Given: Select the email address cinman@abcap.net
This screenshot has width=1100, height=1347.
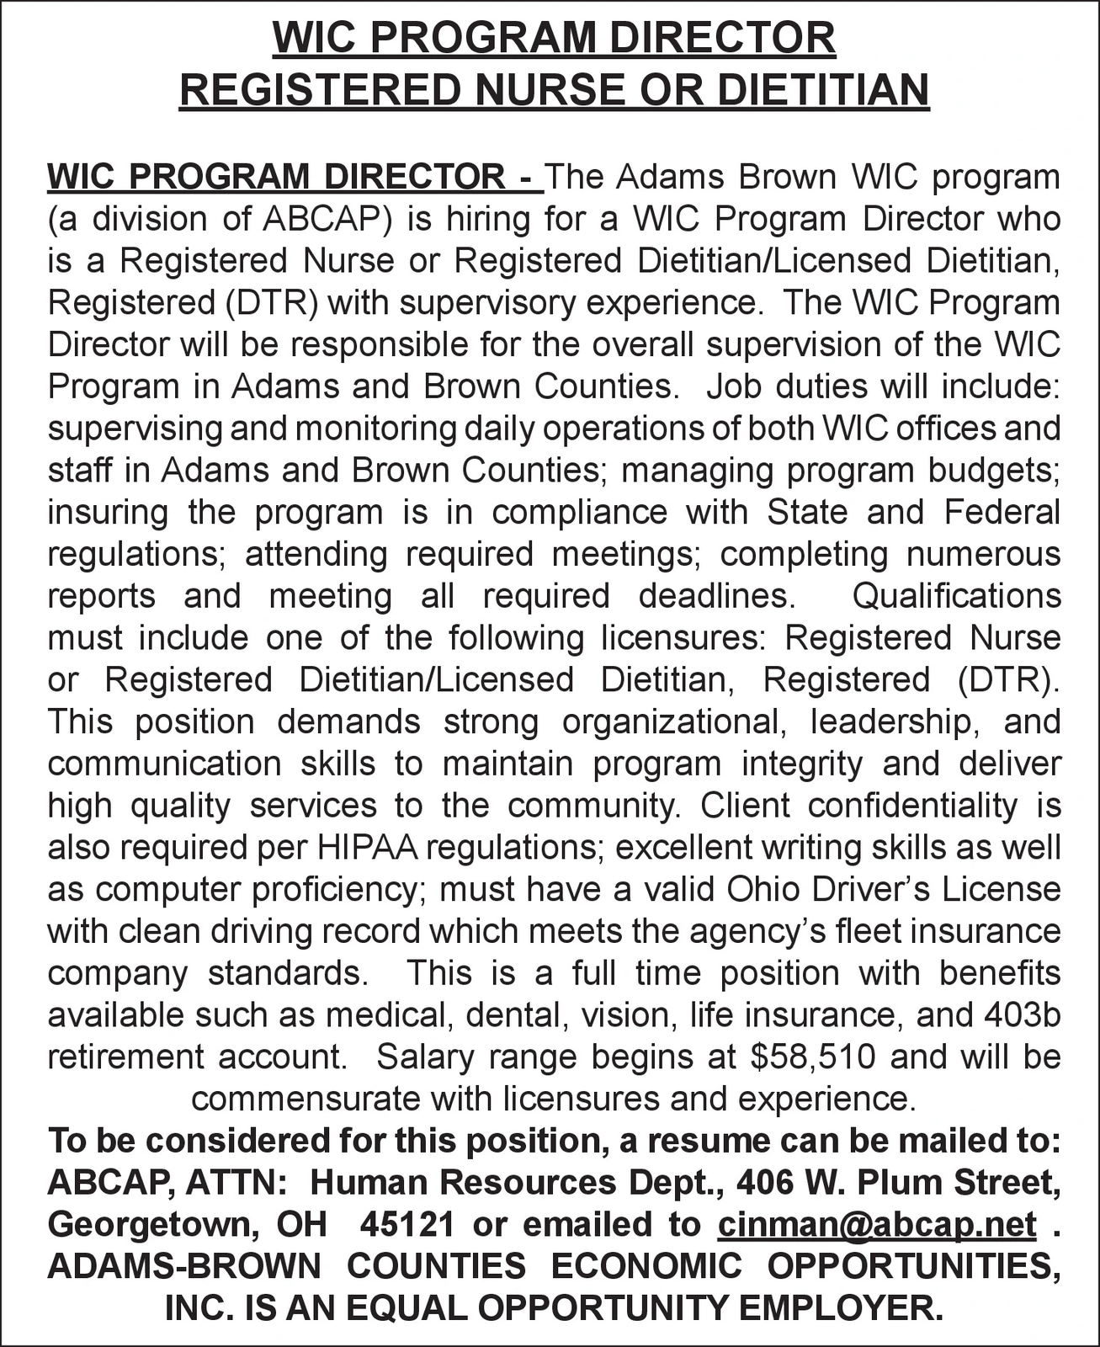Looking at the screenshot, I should coord(877,1224).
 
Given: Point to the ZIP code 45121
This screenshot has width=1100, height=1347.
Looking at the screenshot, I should coord(407,1224).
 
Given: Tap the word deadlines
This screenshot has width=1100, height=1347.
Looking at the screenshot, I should coord(716,596).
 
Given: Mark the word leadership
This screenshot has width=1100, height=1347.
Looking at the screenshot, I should coord(893,722).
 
